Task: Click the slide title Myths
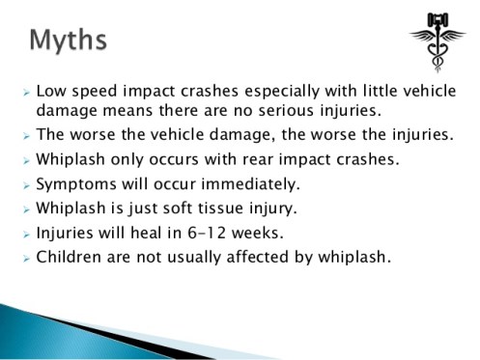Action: [x=68, y=41]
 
